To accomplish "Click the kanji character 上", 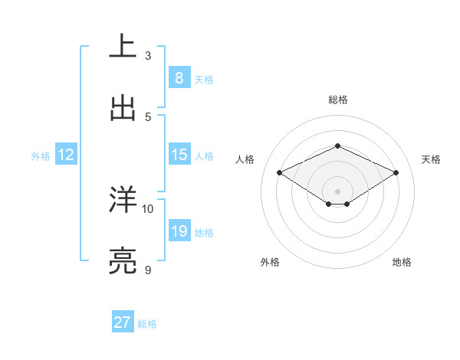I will point(123,46).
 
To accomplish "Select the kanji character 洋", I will point(123,199).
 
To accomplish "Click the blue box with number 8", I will point(179,77).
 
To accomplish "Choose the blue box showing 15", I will point(179,155).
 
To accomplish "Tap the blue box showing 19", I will point(179,231).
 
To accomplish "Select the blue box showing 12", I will point(66,155).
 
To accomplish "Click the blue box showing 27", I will point(123,322).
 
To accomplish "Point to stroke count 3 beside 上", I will point(148,55).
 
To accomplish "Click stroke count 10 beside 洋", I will point(148,208).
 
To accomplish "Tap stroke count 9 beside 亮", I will point(148,270).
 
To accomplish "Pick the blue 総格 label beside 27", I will point(147,324).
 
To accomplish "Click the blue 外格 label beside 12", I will point(41,156).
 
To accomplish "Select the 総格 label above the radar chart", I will point(337,100).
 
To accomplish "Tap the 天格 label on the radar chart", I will point(431,159).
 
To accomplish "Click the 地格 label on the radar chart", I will point(402,262).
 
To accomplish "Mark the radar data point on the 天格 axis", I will point(396,172).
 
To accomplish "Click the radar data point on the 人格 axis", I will point(280,172).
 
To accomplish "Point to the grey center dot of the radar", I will point(337,191).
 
